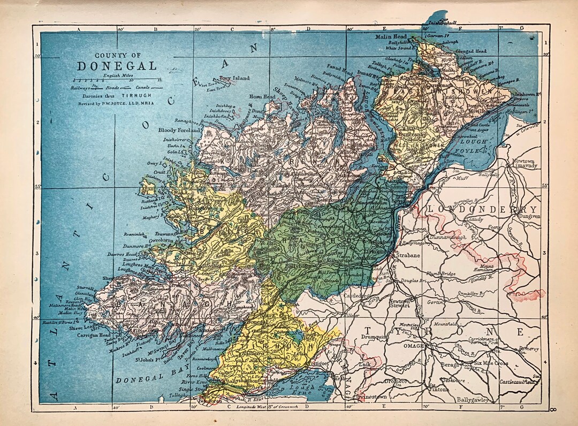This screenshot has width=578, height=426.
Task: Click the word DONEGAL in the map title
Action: [x=117, y=66]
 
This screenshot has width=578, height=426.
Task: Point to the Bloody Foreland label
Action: [x=179, y=130]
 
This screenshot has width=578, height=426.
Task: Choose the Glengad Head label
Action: [x=470, y=51]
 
